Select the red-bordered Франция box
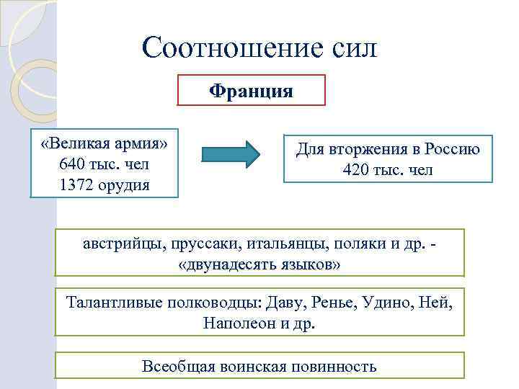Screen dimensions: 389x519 pyautogui.click(x=251, y=91)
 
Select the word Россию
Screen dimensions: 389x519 pyautogui.click(x=452, y=150)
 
